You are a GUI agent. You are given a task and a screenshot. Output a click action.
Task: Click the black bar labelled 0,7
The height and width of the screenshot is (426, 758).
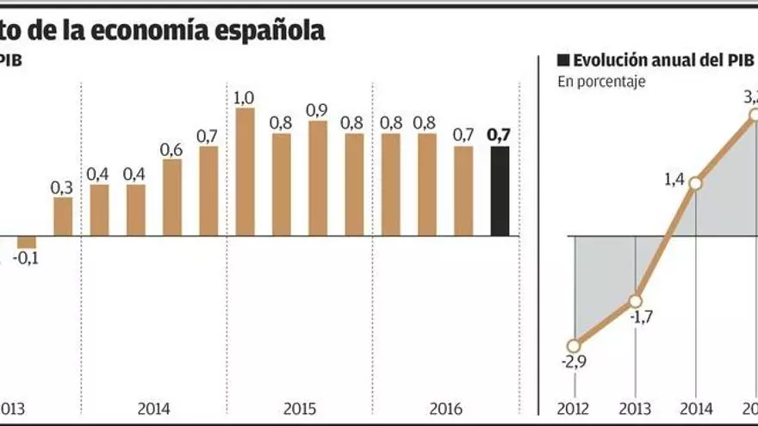[x=500, y=191]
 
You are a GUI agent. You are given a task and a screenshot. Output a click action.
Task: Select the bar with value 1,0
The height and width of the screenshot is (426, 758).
[x=245, y=171]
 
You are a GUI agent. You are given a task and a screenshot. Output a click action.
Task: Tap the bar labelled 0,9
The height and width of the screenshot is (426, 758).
[x=318, y=178]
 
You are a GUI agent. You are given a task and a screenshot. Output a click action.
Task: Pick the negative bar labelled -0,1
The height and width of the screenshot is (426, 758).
[x=27, y=242]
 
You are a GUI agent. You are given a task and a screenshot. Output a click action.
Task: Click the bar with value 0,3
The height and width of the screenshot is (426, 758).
[x=63, y=217]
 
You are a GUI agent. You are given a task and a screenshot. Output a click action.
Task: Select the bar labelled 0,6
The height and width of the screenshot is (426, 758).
[x=172, y=197]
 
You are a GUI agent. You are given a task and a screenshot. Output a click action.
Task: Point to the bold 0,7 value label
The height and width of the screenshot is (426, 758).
[x=499, y=133]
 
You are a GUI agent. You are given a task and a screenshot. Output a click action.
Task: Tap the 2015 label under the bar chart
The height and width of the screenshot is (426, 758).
[x=300, y=407]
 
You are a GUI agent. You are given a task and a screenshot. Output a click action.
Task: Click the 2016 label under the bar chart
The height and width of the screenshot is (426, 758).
[x=445, y=407]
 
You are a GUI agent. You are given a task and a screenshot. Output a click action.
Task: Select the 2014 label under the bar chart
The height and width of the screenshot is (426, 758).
[x=153, y=407]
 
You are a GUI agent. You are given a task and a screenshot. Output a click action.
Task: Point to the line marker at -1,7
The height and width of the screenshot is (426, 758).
[x=635, y=301]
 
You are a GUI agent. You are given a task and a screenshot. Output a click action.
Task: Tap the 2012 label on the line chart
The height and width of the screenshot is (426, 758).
[x=574, y=407]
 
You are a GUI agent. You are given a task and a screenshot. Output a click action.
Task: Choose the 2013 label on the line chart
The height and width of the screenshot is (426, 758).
[x=635, y=407]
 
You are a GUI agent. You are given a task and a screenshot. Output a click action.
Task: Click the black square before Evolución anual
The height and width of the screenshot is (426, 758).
[x=564, y=60]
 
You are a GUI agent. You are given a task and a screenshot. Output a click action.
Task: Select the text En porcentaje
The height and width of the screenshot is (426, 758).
[x=601, y=82]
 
